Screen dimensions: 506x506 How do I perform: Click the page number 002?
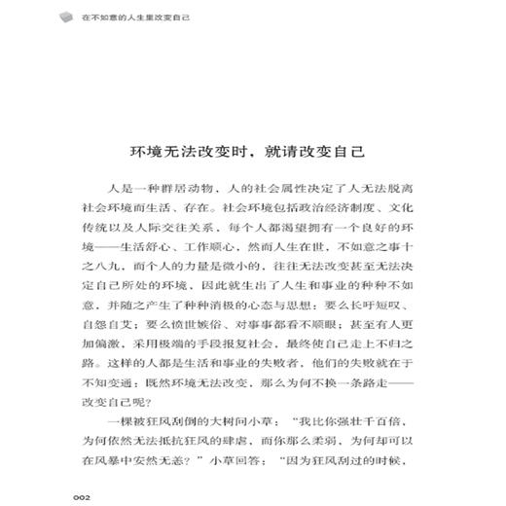point(82,495)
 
